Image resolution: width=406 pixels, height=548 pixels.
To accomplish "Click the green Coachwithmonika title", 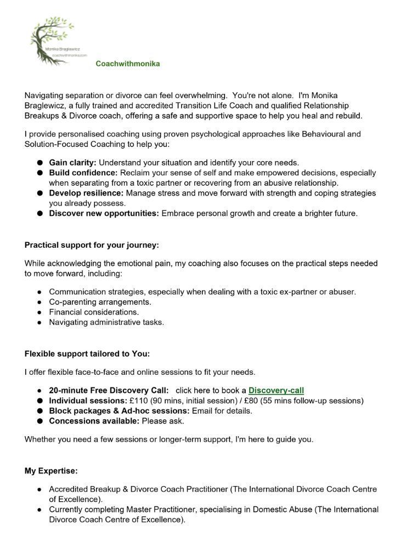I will (x=128, y=64).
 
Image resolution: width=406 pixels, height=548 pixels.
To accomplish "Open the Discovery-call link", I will (x=276, y=391).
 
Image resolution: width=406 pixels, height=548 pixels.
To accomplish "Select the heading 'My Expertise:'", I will (x=51, y=471).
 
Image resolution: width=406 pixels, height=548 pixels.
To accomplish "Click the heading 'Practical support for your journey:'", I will (x=92, y=245).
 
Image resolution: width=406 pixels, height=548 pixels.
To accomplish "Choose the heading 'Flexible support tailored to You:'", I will (x=87, y=353).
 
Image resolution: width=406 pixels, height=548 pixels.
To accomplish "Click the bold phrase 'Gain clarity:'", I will (x=72, y=163).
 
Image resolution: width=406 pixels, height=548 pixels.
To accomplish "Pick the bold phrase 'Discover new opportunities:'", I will (x=104, y=213).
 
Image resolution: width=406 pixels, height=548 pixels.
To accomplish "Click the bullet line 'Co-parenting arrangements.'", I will (x=100, y=302).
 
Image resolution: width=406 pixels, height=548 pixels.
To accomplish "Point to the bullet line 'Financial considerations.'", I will (x=94, y=312).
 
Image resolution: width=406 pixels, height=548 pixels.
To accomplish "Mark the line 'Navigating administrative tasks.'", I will (x=106, y=322).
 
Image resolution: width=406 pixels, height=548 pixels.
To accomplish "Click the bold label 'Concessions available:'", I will (x=94, y=421).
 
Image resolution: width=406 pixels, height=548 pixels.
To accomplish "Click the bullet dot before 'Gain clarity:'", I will (x=40, y=163).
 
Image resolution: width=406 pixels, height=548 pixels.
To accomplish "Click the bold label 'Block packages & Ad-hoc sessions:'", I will (x=119, y=411).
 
